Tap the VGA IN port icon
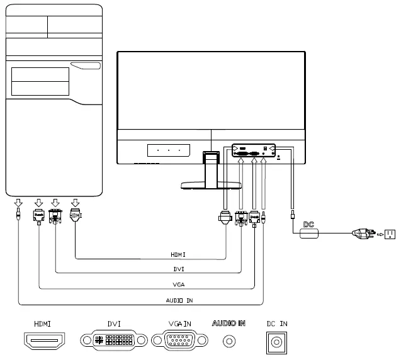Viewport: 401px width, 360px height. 179,341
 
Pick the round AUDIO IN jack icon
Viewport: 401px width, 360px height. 229,341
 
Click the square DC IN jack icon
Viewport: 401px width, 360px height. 276,342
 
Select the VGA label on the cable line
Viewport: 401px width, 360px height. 178,285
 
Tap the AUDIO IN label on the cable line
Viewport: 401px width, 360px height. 179,301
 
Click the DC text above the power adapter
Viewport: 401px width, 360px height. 308,224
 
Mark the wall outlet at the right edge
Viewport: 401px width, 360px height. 390,234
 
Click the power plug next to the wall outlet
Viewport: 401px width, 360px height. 364,234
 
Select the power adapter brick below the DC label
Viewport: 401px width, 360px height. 310,233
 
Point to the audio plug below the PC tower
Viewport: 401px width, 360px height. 18,215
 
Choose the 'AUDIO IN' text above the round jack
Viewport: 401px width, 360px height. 229,323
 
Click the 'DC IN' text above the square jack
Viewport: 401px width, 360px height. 276,323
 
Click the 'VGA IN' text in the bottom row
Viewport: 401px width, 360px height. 179,323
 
